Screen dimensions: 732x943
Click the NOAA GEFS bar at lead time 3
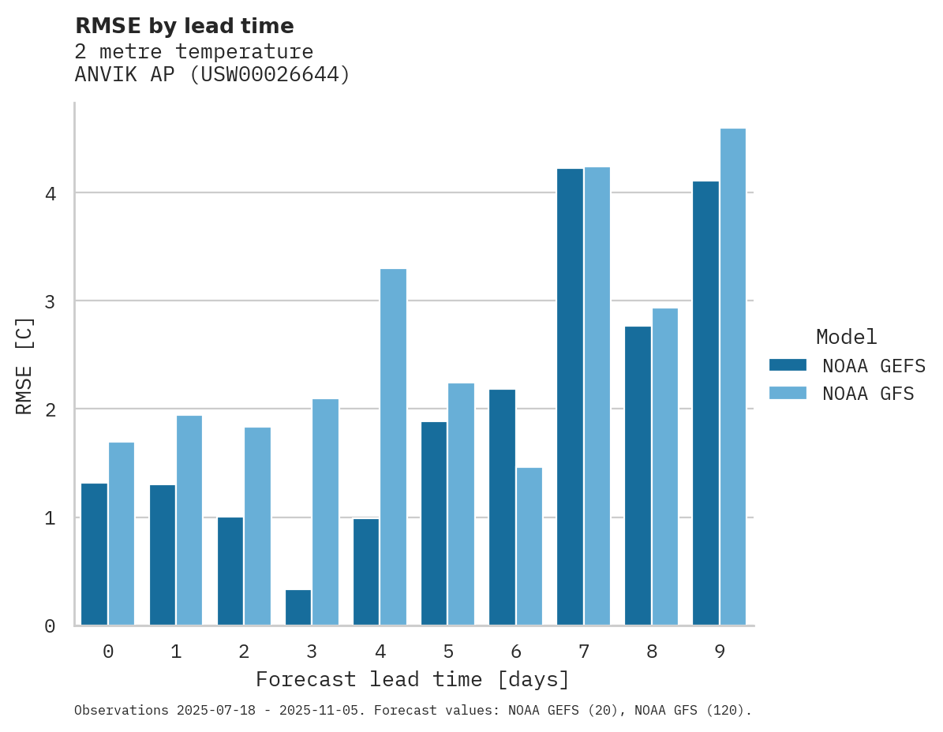298,607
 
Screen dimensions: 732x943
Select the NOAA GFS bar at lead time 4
393,447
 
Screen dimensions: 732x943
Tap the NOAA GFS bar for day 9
733,377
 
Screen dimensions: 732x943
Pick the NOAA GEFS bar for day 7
570,397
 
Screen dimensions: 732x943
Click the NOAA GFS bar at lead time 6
529,547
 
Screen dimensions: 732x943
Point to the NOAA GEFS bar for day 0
95,555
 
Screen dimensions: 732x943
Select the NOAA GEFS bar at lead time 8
638,476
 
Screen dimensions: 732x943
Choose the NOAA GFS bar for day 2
257,526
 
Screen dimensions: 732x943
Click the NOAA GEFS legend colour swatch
788,365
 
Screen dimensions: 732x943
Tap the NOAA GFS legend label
868,394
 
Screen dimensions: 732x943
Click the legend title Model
846,338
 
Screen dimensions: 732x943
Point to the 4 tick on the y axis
50,193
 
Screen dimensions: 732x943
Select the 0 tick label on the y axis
50,626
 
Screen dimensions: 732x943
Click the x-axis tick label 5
448,652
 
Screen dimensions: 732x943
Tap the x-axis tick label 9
720,652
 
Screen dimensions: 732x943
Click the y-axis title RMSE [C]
25,365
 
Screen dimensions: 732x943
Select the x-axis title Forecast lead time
413,680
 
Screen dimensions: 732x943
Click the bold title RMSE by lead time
184,26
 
